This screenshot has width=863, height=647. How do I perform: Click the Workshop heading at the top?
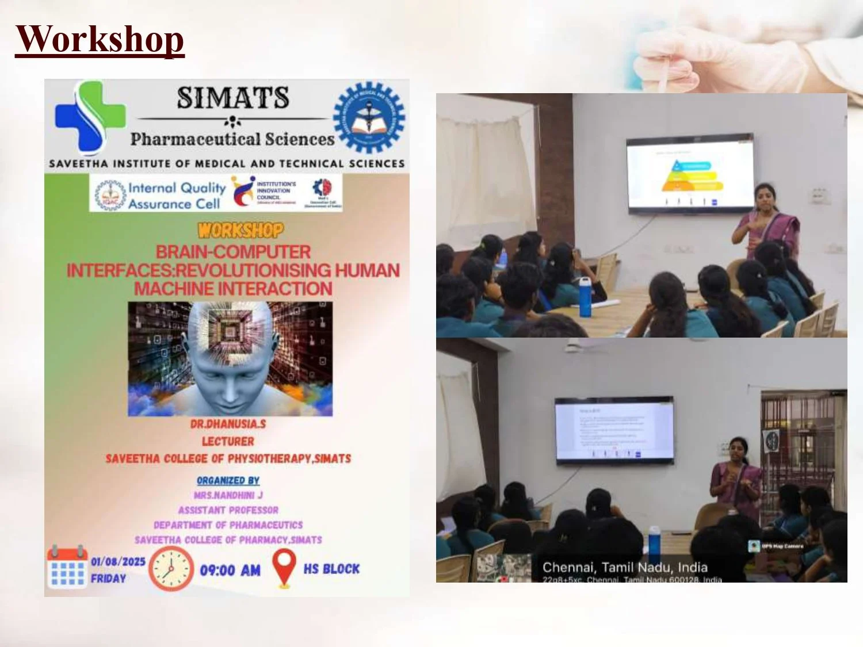coord(100,39)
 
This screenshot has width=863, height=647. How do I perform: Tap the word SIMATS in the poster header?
coord(232,98)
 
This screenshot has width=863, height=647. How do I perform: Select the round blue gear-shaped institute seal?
coord(369,117)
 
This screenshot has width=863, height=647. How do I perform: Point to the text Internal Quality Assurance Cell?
coord(176,196)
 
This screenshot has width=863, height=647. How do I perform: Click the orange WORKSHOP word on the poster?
coord(240,231)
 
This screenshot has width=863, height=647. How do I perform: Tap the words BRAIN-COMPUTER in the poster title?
coord(233,252)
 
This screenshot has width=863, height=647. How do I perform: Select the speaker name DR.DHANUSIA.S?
coord(228,424)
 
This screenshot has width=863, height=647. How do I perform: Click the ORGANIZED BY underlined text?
coord(228,480)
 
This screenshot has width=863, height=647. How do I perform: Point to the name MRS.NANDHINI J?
coord(228,495)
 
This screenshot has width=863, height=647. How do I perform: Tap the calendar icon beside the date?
coord(66,568)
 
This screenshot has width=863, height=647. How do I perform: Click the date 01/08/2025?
coord(118,562)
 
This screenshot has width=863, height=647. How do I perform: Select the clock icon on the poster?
coord(171,569)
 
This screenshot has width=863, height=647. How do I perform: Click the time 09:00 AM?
coord(230,571)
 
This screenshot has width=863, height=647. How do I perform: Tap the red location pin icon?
coord(284,568)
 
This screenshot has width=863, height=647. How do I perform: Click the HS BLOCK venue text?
coord(331,569)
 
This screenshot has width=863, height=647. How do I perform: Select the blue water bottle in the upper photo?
coord(585,297)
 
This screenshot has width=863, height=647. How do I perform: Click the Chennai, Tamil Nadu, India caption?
coord(625,568)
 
